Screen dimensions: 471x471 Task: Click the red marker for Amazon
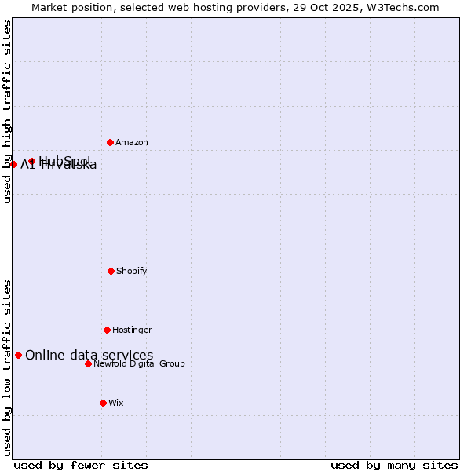coord(110,142)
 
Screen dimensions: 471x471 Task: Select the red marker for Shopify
coord(111,271)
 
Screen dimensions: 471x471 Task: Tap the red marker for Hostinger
coord(107,330)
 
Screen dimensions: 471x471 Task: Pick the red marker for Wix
coord(103,403)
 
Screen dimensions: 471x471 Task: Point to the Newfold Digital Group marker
coord(88,363)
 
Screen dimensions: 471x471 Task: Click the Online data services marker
coord(18,355)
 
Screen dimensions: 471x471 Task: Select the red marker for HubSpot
coord(31,161)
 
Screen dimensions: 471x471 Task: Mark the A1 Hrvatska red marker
coord(13,164)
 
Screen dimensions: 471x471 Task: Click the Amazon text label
coord(132,142)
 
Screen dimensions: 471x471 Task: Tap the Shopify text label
coord(132,271)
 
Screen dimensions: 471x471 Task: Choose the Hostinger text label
coord(132,330)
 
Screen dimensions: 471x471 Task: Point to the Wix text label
coord(116,403)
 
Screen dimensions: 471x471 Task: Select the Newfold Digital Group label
coord(139,363)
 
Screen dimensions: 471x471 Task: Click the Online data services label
coord(89,355)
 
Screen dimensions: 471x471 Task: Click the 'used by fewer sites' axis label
coord(81,465)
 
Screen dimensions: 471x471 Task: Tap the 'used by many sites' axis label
coord(394,465)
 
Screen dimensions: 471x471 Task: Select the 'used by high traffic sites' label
coord(7,111)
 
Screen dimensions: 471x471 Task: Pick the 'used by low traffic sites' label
coord(7,367)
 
